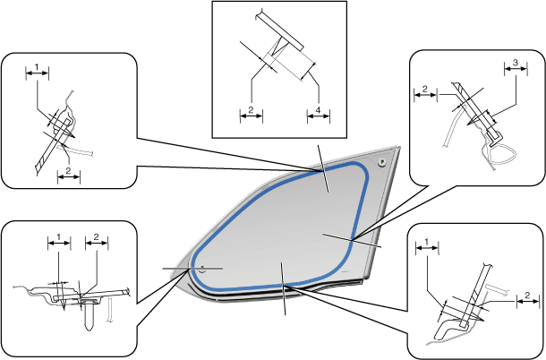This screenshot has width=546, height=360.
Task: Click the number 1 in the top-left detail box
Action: tap(37, 66)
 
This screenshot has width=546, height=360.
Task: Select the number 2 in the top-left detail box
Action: tap(68, 169)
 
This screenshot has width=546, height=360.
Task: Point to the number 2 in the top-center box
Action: tap(252, 111)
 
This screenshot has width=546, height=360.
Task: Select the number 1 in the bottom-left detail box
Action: tap(58, 237)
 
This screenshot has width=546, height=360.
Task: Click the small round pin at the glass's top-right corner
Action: tap(383, 162)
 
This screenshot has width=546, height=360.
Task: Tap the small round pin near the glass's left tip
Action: tap(202, 268)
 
